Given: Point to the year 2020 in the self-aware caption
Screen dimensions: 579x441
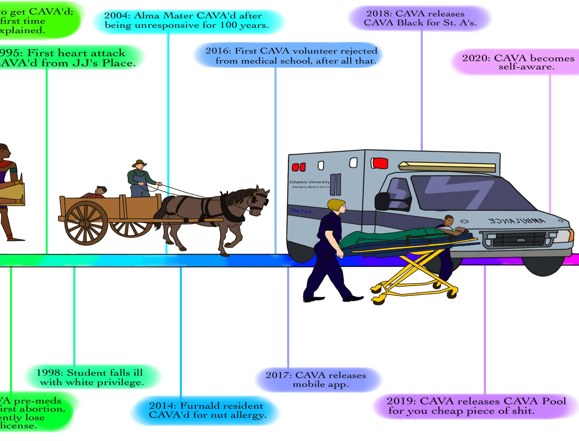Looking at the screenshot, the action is click(x=474, y=58).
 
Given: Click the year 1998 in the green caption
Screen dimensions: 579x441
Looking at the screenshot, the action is click(x=48, y=373).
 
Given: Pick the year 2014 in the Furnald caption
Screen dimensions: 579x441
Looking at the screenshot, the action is click(x=161, y=406).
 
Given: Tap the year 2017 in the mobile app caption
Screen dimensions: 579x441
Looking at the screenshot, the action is click(x=277, y=375).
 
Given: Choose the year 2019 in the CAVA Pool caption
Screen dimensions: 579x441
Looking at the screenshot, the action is click(x=400, y=401).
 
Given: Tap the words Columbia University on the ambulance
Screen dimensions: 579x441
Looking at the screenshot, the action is click(x=309, y=182).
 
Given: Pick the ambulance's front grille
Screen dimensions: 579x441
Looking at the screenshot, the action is click(x=519, y=239).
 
